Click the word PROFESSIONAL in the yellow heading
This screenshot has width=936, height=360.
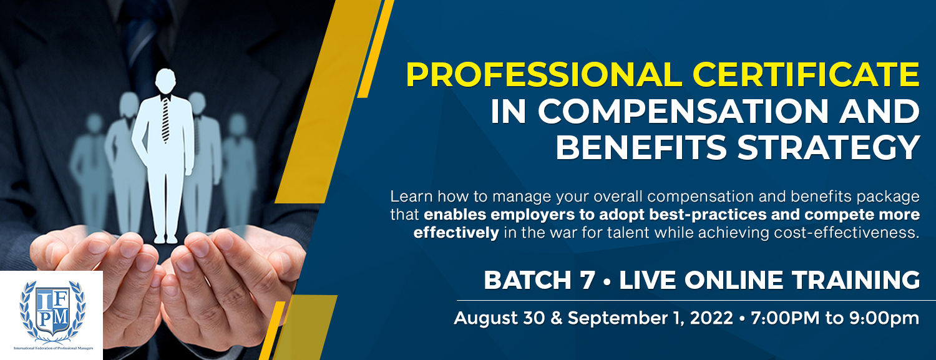coord(544,75)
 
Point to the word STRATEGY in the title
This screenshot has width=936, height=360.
coord(829,147)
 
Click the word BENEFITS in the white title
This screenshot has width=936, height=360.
coord(641,147)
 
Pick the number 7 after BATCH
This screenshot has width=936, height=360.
coord(587,280)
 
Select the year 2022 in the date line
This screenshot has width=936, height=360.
coord(711,318)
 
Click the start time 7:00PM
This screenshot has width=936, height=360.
coord(785,318)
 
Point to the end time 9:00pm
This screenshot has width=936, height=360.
coord(884,318)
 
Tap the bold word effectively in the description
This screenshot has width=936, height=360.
coord(456,233)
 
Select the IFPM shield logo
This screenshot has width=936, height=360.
coord(52,311)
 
